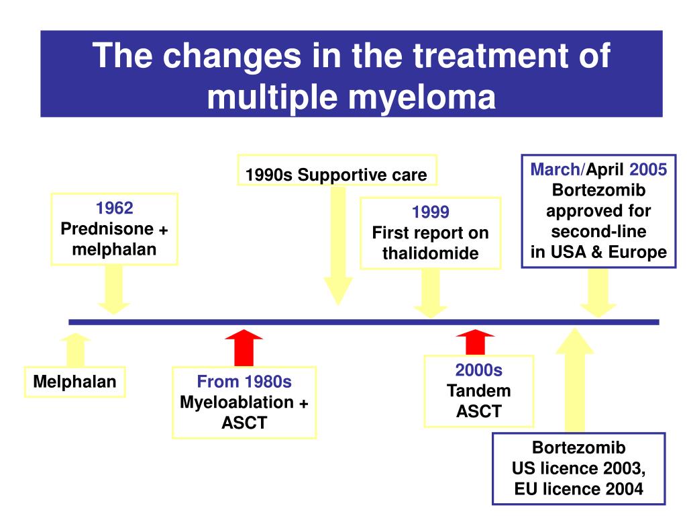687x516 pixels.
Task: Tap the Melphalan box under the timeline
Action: pyautogui.click(x=75, y=382)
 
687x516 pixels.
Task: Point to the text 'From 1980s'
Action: pyautogui.click(x=244, y=382)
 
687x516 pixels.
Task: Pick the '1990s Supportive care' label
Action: pyautogui.click(x=336, y=175)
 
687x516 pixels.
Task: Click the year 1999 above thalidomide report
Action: pyautogui.click(x=430, y=213)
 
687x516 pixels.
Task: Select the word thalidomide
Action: pyautogui.click(x=430, y=253)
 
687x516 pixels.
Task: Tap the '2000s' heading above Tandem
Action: pyautogui.click(x=478, y=370)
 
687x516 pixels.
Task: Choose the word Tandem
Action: pyautogui.click(x=478, y=390)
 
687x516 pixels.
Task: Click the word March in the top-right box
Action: pyautogui.click(x=554, y=169)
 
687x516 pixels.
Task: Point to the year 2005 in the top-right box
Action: pyautogui.click(x=648, y=169)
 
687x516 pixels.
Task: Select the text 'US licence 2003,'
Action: pyautogui.click(x=578, y=468)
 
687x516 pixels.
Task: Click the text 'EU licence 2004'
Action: pyautogui.click(x=578, y=488)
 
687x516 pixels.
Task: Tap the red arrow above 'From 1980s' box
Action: pyautogui.click(x=244, y=347)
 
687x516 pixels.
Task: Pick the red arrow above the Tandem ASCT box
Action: pyautogui.click(x=474, y=342)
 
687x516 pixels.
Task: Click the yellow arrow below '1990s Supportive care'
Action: pyautogui.click(x=337, y=245)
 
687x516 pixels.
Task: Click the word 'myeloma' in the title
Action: pyautogui.click(x=418, y=97)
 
